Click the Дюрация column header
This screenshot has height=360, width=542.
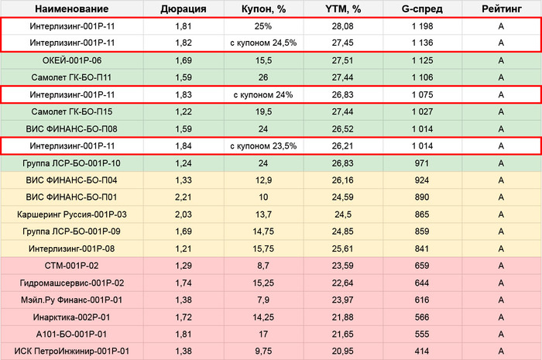183,9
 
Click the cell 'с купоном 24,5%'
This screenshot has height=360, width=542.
262,43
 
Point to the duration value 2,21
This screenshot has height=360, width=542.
183,197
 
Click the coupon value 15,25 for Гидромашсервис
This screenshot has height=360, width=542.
262,283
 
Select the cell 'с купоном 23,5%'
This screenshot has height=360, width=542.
262,146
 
